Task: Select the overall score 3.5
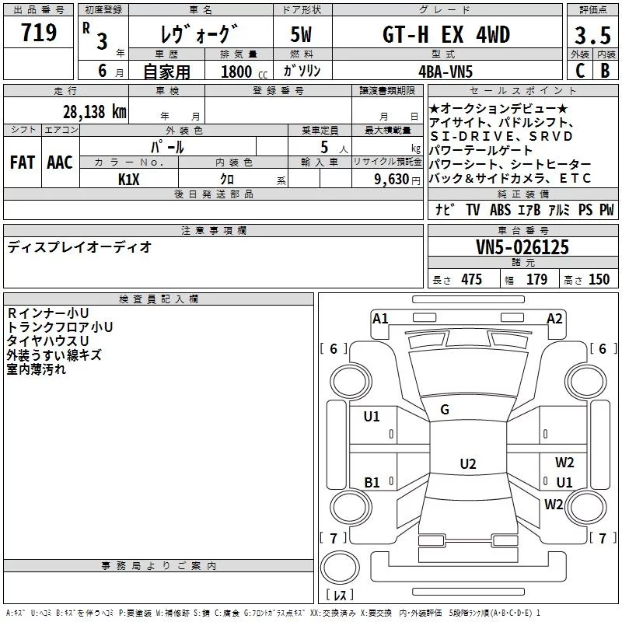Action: point(592,36)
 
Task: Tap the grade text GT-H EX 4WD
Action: point(446,35)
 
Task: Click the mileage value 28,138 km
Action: point(95,111)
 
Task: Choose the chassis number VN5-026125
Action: point(522,247)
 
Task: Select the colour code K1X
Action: point(129,178)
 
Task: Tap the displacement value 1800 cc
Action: point(236,72)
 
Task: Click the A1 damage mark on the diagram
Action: point(380,318)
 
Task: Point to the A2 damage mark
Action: point(554,318)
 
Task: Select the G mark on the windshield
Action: point(445,409)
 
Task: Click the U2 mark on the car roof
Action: point(467,464)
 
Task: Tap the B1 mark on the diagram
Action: point(372,483)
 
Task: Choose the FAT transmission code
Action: point(22,162)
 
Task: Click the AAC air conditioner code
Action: point(60,162)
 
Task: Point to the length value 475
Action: point(470,280)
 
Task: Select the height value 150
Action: point(599,280)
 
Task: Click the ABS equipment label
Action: point(499,210)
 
